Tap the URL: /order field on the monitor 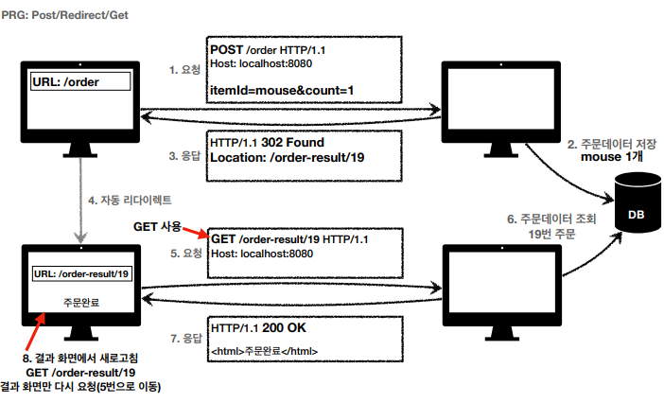pyautogui.click(x=78, y=82)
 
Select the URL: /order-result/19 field pyautogui.click(x=81, y=273)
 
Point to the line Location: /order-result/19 pyautogui.click(x=287, y=157)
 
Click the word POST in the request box pyautogui.click(x=227, y=49)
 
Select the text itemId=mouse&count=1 pyautogui.click(x=284, y=91)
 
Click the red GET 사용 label pyautogui.click(x=157, y=227)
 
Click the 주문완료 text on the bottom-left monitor pyautogui.click(x=80, y=305)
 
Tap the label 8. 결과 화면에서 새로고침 pyautogui.click(x=80, y=358)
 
